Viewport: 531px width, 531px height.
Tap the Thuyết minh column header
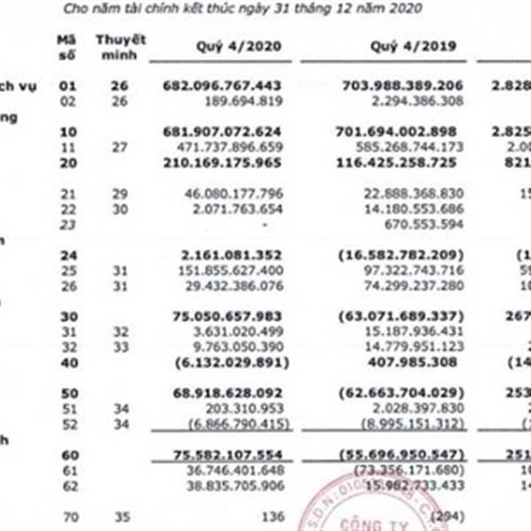[x=120, y=46]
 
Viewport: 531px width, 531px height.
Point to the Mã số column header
[x=64, y=46]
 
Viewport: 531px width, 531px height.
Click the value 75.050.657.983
[x=227, y=315]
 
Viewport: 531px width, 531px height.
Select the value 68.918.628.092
[x=227, y=392]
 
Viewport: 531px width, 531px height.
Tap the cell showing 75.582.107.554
[x=227, y=453]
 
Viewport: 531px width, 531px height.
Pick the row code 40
[x=64, y=361]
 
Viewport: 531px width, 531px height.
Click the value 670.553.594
[x=427, y=224]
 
